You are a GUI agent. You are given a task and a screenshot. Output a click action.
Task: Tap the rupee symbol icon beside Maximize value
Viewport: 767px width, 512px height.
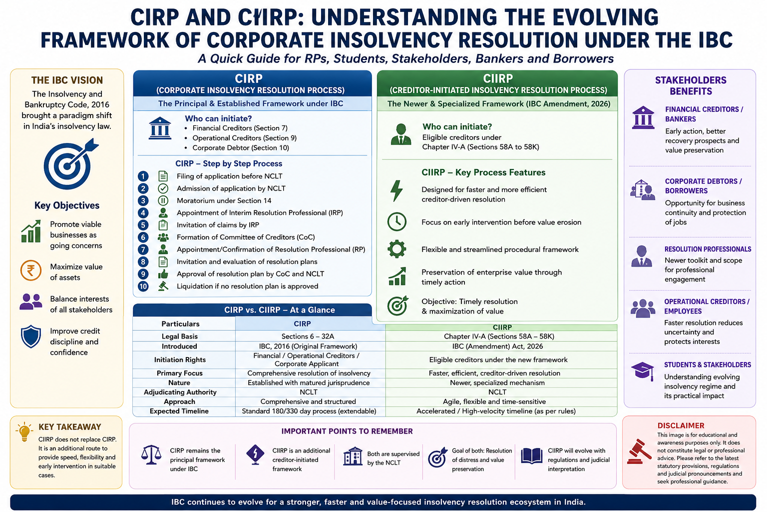(x=31, y=270)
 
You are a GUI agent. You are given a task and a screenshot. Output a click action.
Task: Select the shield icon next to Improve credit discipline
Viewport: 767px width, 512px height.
(x=31, y=336)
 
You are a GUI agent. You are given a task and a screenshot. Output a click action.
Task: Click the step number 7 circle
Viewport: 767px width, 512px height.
(x=143, y=249)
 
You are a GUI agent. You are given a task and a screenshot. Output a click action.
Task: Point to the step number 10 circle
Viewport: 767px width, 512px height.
(x=143, y=286)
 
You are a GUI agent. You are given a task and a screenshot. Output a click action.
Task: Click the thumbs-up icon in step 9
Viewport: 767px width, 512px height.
(x=163, y=274)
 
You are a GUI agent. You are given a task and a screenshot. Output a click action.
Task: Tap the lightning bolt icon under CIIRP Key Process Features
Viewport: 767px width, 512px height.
(x=396, y=190)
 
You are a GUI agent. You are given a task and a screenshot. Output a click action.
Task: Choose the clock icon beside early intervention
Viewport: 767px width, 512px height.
(x=397, y=221)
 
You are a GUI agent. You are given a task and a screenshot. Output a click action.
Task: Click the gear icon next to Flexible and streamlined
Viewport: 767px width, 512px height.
(x=397, y=249)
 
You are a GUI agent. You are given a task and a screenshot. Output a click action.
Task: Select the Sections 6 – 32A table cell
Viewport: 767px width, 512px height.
(x=308, y=336)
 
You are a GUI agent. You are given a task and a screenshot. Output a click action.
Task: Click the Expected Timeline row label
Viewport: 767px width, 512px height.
(x=179, y=411)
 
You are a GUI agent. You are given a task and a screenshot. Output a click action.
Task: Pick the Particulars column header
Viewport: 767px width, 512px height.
(x=180, y=323)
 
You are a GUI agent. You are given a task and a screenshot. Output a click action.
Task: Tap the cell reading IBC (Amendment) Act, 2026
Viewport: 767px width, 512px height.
(x=497, y=346)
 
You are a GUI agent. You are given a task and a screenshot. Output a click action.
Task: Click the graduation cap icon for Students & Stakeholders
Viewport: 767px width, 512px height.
(x=643, y=371)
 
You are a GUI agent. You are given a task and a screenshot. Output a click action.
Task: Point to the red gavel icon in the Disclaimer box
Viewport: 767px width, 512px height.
(x=639, y=451)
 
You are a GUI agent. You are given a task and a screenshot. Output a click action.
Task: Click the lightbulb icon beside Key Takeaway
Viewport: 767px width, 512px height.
(x=24, y=432)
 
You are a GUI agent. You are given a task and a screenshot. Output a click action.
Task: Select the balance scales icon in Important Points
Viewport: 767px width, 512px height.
(x=151, y=454)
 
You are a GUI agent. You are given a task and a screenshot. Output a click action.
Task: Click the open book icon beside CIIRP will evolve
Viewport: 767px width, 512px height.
(x=532, y=456)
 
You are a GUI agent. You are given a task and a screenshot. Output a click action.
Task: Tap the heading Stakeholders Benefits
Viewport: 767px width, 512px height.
(x=691, y=85)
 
